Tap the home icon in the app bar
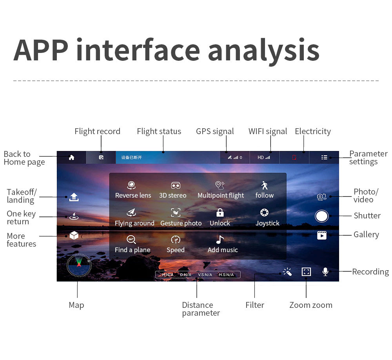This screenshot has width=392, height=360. [x=71, y=157]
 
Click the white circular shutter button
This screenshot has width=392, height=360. [x=321, y=216]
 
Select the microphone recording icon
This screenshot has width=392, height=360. [x=325, y=272]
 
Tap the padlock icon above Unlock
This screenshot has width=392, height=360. [x=220, y=213]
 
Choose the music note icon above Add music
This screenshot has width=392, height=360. [x=220, y=240]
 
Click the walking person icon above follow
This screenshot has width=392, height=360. [x=265, y=185]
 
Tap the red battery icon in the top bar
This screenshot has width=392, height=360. [x=294, y=158]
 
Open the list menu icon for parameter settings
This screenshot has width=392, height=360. [x=324, y=157]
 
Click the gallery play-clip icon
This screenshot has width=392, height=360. [x=322, y=235]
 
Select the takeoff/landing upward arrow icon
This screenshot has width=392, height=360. [x=74, y=197]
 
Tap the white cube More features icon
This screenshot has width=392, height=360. [x=74, y=235]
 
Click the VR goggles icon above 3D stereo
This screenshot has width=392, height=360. [x=176, y=185]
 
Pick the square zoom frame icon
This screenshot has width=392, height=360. [x=306, y=272]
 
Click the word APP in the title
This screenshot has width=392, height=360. [x=41, y=50]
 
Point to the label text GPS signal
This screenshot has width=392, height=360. [x=215, y=131]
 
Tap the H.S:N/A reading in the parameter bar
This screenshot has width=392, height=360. [x=226, y=275]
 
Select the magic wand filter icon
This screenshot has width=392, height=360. [x=287, y=272]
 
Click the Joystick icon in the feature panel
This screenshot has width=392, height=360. [x=265, y=213]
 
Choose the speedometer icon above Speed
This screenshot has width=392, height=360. [x=176, y=240]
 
